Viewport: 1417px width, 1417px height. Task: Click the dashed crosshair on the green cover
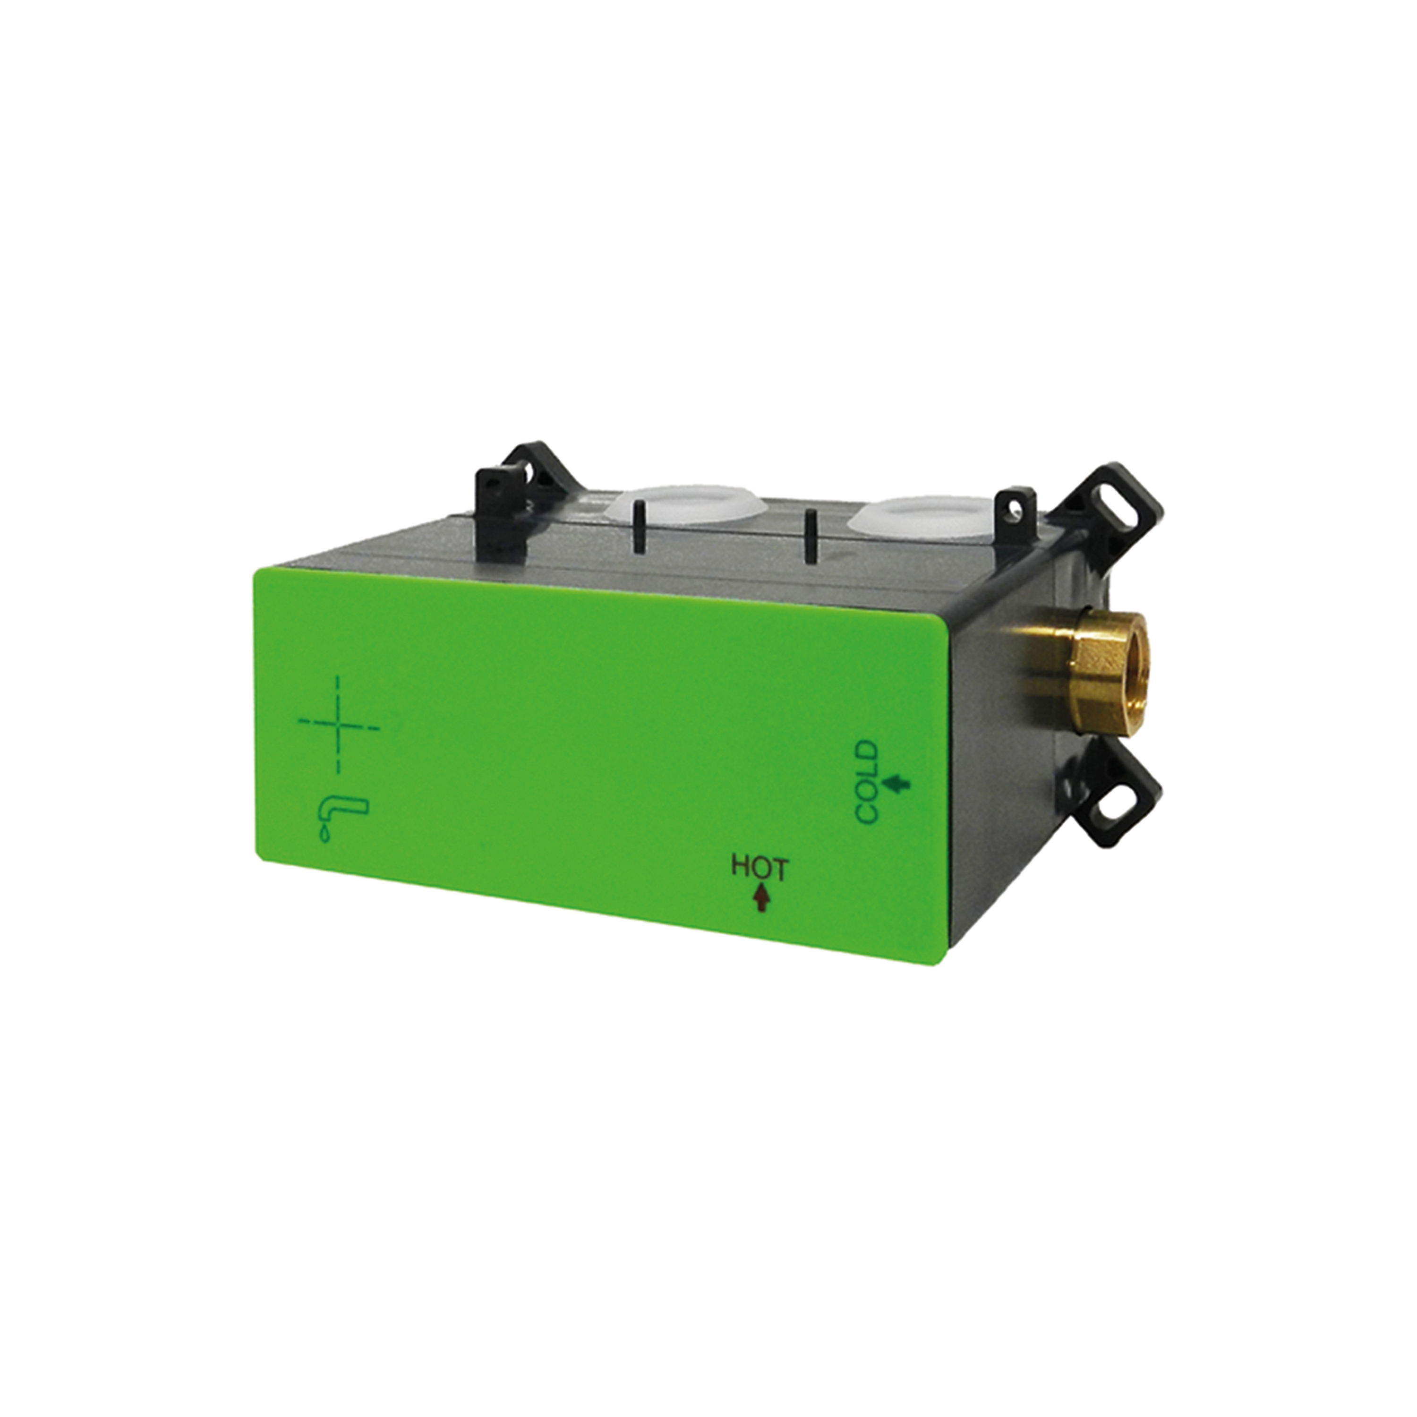pyautogui.click(x=339, y=725)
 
